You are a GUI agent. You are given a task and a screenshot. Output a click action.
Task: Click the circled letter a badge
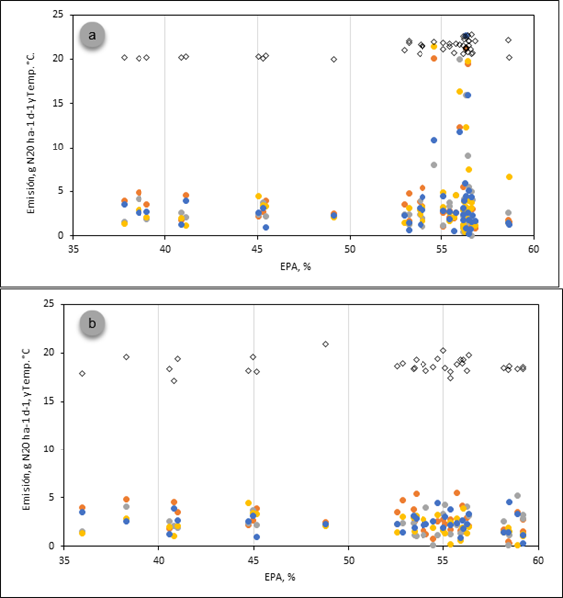(x=92, y=36)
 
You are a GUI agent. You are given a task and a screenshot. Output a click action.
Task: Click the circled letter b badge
(x=92, y=323)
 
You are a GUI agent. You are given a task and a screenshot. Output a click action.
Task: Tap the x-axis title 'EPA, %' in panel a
(x=295, y=267)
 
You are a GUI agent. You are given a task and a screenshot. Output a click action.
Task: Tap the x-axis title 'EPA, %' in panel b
(x=280, y=577)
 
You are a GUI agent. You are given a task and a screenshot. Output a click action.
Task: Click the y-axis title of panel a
(x=31, y=134)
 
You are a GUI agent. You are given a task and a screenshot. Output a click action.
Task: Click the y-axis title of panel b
(x=26, y=430)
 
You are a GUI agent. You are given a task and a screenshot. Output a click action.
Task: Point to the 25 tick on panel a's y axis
(x=58, y=15)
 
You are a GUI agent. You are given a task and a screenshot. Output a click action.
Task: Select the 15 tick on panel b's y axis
(x=49, y=401)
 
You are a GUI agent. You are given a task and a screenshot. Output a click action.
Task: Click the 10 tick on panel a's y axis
(x=58, y=148)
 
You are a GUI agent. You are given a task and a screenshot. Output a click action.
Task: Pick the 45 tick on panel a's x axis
(x=257, y=249)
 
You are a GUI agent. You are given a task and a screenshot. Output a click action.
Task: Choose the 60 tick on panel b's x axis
(x=538, y=560)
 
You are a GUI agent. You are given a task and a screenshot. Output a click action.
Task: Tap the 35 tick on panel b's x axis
(x=64, y=560)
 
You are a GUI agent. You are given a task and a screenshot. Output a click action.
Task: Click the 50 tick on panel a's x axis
(x=350, y=249)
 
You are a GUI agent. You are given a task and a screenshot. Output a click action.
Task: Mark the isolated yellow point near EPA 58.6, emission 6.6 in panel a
(x=509, y=177)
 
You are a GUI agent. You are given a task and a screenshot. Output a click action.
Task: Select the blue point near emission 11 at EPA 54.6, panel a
(x=434, y=140)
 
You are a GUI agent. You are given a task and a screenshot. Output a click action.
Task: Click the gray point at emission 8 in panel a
(x=434, y=165)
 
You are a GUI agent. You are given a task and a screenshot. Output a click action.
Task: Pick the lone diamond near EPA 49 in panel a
(x=334, y=59)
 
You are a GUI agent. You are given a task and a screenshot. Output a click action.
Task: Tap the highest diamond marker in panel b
(x=325, y=344)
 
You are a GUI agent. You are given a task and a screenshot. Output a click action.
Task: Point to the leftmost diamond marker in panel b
(x=82, y=374)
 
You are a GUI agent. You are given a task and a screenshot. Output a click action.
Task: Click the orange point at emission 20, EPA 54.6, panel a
(x=434, y=59)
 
